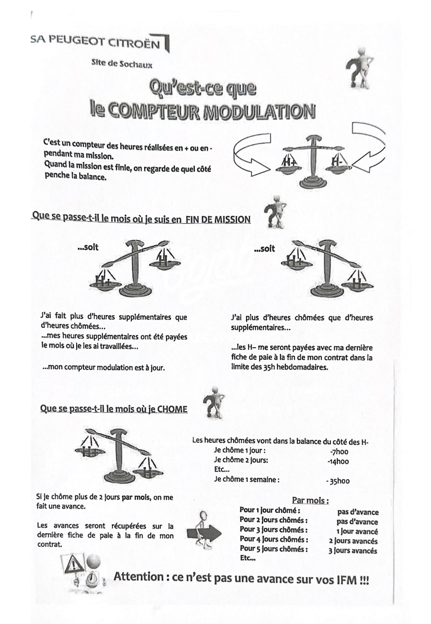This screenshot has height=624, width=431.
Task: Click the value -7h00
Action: (x=339, y=452)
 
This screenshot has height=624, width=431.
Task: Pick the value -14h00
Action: (x=339, y=462)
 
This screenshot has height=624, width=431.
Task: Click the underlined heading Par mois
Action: (x=314, y=501)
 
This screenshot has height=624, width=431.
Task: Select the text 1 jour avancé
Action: (x=357, y=532)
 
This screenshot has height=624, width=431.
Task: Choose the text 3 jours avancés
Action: (x=352, y=551)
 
